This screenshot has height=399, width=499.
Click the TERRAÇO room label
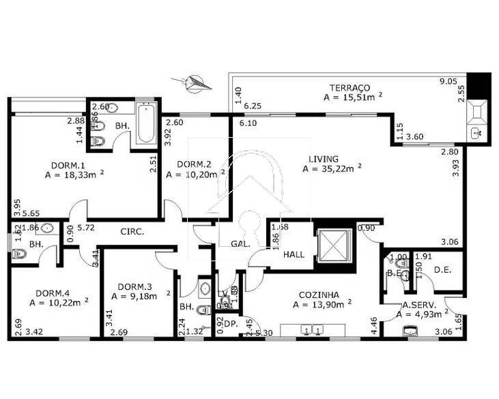point(350,88)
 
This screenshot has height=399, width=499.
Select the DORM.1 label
point(68,165)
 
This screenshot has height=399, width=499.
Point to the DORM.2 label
point(193,164)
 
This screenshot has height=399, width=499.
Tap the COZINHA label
point(315,295)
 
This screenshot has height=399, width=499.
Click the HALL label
point(294,254)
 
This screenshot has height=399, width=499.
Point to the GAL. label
point(239,243)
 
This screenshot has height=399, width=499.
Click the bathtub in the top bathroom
point(146,123)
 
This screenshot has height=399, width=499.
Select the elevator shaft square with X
point(334,244)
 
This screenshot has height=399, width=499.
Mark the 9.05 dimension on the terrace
point(448,81)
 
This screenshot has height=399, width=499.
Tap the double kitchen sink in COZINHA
point(311,331)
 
